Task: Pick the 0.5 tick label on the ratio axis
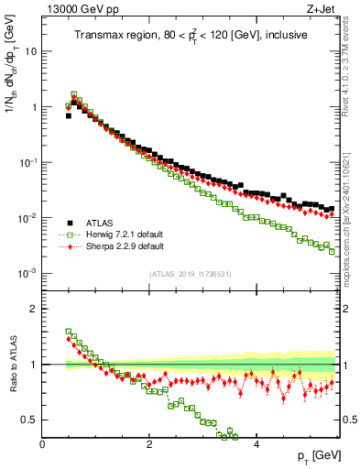coord(30,420)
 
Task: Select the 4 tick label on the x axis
coord(256,443)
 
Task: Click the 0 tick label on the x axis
coord(42,443)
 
